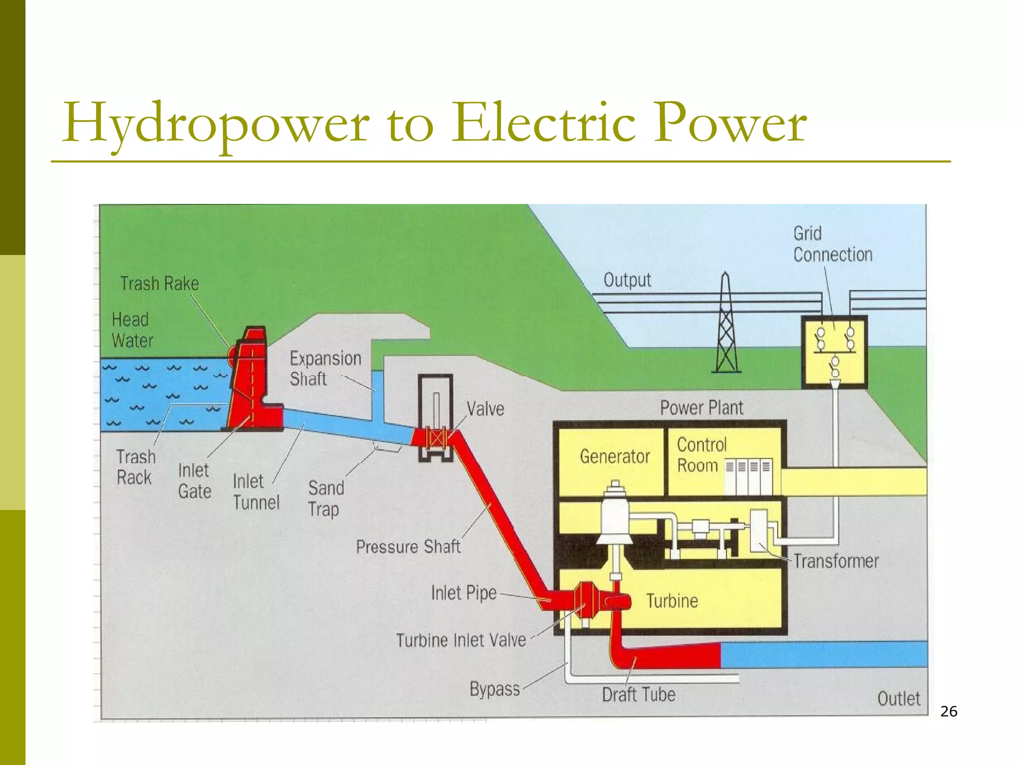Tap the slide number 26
point(948,711)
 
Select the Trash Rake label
point(159,284)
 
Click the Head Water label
point(132,330)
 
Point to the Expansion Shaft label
point(325,369)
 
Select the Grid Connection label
point(832,245)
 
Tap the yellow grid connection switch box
point(834,352)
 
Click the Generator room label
point(614,456)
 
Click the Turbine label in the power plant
point(672,601)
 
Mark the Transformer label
point(836,561)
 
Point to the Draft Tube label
point(638,694)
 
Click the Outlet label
point(899,698)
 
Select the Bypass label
point(495,689)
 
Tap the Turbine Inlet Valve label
point(461,640)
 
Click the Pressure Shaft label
point(408,547)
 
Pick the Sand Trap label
point(325,499)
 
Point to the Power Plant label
point(701,408)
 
